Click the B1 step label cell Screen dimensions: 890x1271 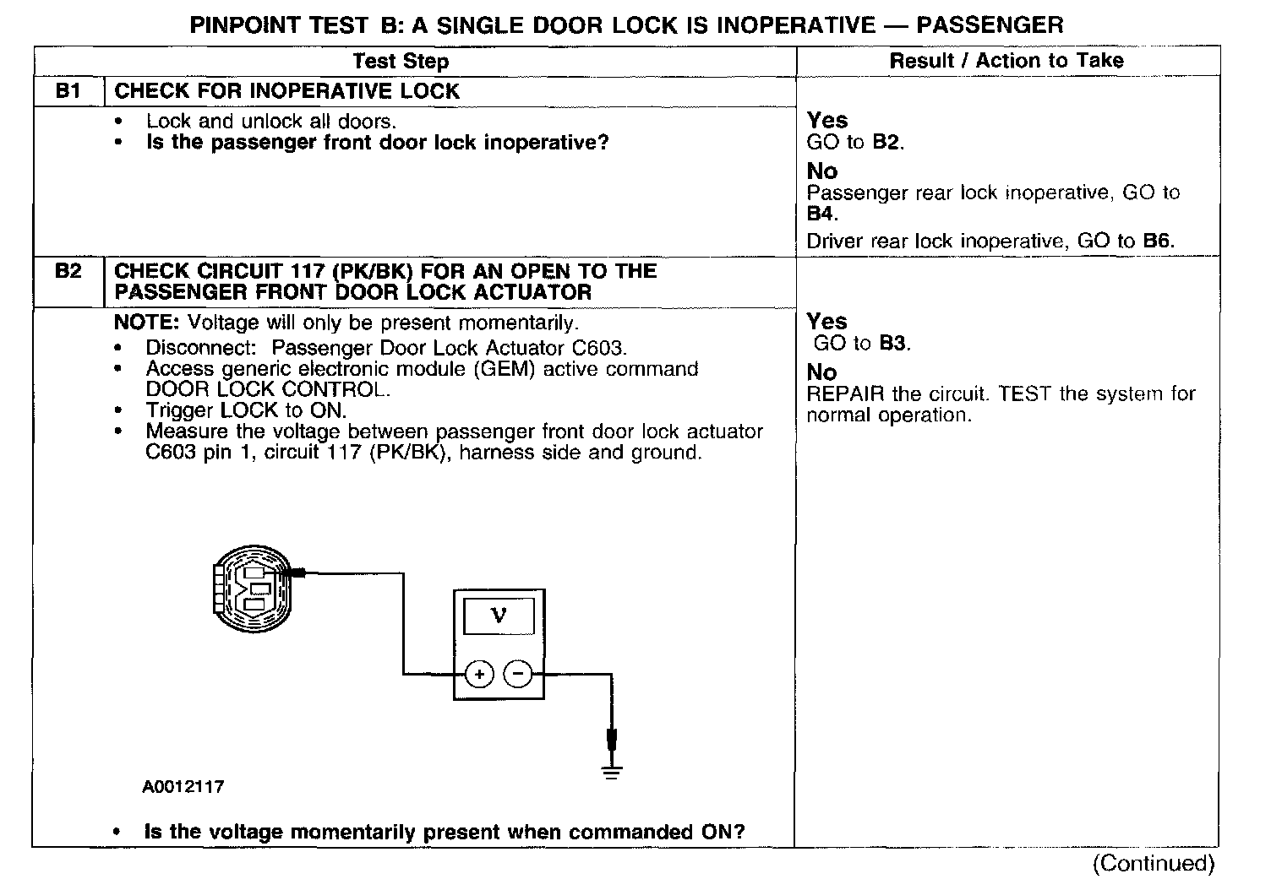[x=68, y=91]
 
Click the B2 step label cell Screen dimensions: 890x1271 [x=68, y=272]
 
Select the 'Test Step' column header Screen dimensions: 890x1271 [x=401, y=61]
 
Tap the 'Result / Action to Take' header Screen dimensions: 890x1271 [x=1006, y=60]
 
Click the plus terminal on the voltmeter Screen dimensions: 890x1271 [x=479, y=674]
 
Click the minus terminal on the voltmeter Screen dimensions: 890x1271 [x=518, y=674]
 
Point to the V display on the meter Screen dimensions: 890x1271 [x=499, y=616]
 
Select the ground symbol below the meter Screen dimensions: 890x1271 [x=612, y=770]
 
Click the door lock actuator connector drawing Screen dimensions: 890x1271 [x=252, y=584]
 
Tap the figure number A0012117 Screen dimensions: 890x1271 [x=183, y=787]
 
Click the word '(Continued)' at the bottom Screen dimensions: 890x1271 [x=1154, y=863]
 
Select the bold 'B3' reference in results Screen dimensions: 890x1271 [x=893, y=344]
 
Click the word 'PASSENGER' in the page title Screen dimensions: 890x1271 [x=990, y=25]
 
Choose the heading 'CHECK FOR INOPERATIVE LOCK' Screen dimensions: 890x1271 [x=286, y=91]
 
